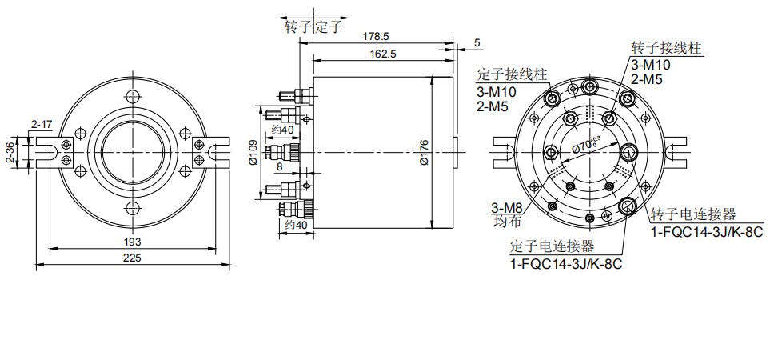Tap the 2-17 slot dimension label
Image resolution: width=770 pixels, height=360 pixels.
click(42, 124)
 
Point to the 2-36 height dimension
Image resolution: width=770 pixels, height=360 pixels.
click(10, 153)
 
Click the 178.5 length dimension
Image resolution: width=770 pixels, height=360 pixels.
click(375, 37)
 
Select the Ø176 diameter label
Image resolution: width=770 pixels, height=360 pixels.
click(425, 152)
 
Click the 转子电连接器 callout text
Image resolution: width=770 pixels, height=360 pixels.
click(692, 214)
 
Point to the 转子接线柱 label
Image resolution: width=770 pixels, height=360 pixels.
click(666, 48)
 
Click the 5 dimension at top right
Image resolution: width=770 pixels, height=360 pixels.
click(477, 42)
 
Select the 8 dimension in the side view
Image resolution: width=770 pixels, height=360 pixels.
click(279, 167)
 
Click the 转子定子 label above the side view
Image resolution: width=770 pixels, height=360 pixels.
click(313, 26)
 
